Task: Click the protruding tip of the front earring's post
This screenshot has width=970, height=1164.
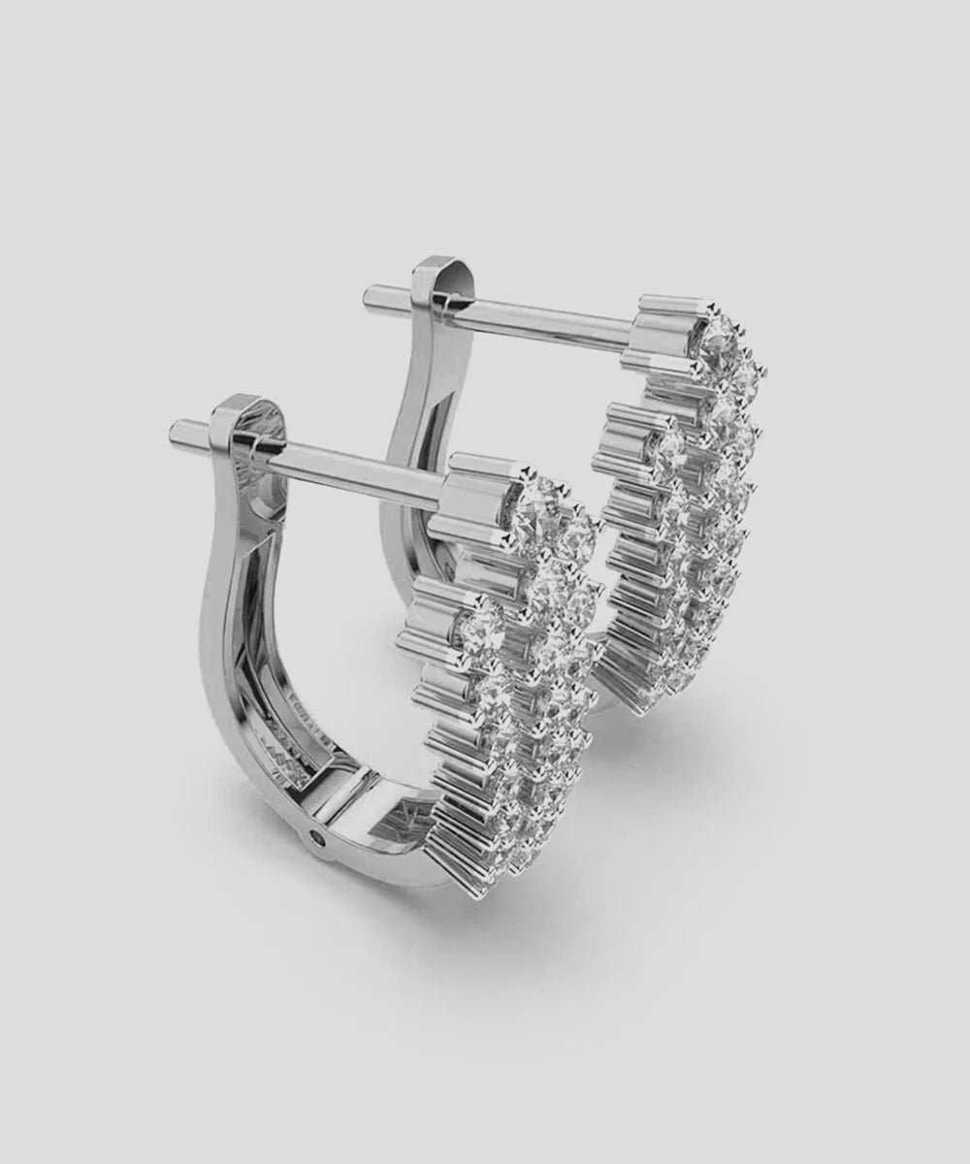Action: coord(178,428)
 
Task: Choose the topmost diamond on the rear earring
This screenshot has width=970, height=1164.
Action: coord(721,330)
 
